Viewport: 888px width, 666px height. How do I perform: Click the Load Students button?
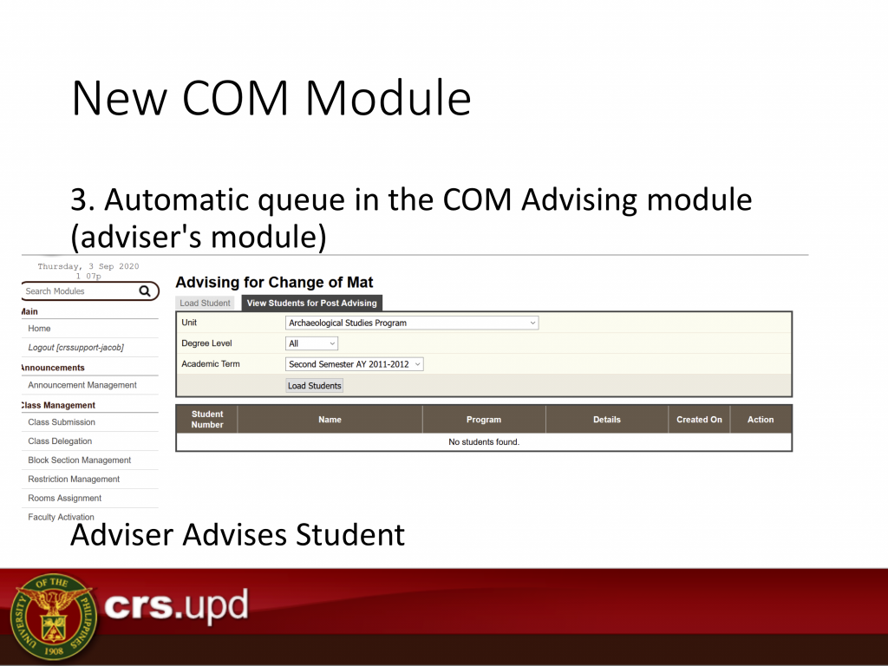314,386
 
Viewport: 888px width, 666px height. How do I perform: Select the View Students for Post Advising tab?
311,303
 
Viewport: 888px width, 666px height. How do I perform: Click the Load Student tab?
205,303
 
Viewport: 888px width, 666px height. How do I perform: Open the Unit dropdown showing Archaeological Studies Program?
412,323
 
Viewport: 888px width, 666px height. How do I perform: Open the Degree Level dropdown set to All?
311,343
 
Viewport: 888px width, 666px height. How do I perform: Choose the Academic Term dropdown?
354,364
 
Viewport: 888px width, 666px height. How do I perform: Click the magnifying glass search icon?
145,291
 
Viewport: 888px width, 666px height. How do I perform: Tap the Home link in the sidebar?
39,329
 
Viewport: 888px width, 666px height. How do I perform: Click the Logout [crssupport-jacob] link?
76,347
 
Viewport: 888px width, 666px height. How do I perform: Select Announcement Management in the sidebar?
82,385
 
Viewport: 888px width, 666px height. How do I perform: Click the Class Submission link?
62,422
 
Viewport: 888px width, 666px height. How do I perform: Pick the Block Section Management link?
79,460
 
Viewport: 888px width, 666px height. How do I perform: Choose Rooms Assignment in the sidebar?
64,498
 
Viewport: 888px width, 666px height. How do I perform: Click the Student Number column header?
207,419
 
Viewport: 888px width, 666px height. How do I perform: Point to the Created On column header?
700,419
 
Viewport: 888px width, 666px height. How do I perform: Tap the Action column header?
761,419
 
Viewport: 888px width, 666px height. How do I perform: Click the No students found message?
484,441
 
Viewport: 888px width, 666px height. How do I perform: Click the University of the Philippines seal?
54,617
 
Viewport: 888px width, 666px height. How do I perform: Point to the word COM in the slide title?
235,98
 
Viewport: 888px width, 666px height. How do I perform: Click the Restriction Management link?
74,479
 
